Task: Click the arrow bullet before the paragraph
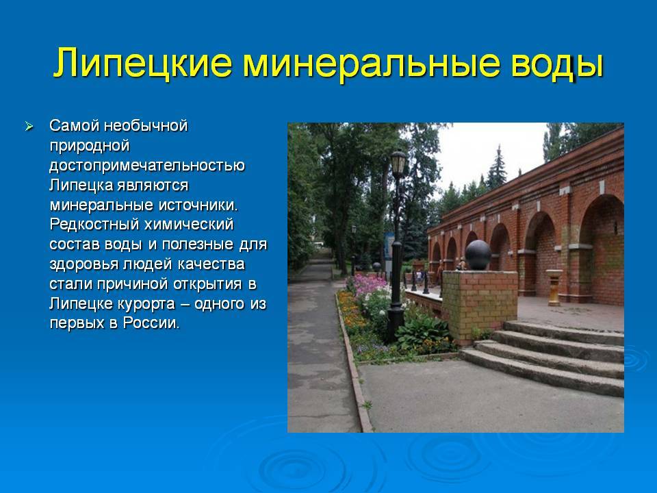29,126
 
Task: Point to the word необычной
145,125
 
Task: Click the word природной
90,146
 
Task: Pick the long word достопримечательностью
147,165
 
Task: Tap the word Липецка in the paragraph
81,186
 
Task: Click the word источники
198,205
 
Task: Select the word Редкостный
94,225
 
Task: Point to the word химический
189,225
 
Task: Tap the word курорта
145,303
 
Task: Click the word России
151,323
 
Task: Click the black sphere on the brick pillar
478,255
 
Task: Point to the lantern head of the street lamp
398,163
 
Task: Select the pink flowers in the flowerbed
369,283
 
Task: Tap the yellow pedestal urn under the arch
554,287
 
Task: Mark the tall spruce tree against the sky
497,168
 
